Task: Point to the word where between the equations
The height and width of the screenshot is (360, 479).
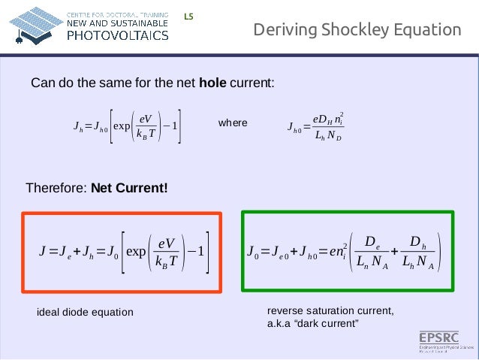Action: [232, 122]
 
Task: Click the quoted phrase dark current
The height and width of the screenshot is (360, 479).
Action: [331, 323]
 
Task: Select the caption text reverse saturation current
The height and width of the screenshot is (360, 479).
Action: [330, 311]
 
